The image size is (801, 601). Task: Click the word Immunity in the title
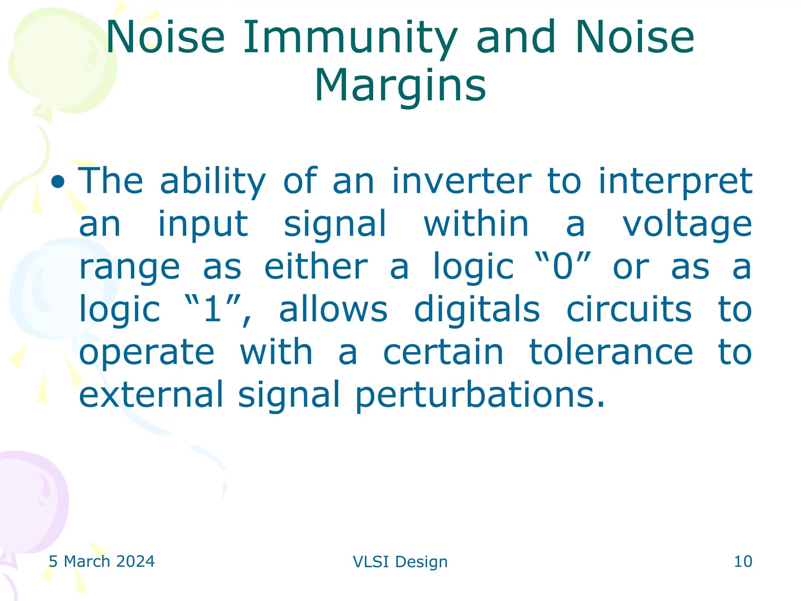(x=350, y=38)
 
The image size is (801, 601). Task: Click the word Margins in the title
(x=400, y=86)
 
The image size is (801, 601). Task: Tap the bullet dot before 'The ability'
(x=58, y=181)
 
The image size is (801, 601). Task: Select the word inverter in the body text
(x=462, y=181)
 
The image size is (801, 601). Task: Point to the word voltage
(x=687, y=225)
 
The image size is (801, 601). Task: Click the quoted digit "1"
(x=213, y=309)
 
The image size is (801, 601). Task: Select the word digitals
(x=477, y=309)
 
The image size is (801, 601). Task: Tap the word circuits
(x=629, y=309)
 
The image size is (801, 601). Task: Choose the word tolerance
(x=611, y=352)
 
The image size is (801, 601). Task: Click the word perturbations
(x=480, y=395)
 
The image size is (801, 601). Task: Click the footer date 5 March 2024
(x=102, y=561)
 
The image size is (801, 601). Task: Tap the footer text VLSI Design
(x=400, y=562)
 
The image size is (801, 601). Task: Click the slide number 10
(x=743, y=561)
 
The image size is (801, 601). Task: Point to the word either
(x=316, y=267)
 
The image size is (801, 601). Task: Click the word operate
(x=147, y=353)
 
